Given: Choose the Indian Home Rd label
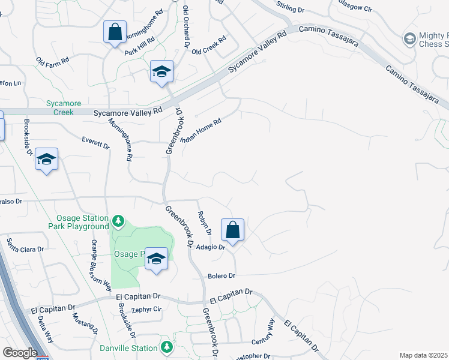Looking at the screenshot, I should pos(201,130).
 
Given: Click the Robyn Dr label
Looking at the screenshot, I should pos(205,223).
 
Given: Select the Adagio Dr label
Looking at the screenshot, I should pos(212,247).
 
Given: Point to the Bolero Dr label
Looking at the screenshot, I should pos(222,275).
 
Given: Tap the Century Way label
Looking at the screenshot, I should pos(263,332).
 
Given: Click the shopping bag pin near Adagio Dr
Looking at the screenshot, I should pos(232,230).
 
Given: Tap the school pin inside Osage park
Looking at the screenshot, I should pos(156,259).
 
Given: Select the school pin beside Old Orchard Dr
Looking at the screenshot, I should pos(161,72).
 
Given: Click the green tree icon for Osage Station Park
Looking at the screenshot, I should pos(118,222).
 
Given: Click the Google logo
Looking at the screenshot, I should pos(20,353).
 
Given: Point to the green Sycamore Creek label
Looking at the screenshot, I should pos(60,107).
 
